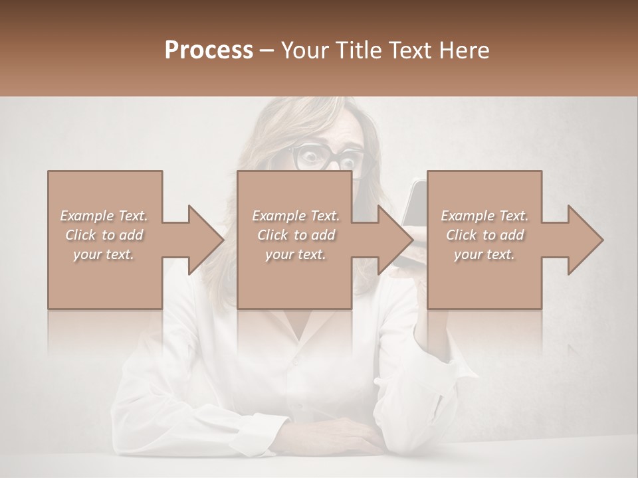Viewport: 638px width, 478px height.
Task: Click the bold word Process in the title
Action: [209, 50]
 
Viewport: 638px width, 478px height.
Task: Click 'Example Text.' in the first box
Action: [104, 216]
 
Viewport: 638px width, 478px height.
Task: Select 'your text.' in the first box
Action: [104, 254]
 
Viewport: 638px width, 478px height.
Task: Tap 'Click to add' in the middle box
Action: [295, 235]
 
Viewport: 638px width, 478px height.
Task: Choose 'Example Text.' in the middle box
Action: [295, 216]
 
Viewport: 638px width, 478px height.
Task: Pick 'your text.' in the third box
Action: [484, 254]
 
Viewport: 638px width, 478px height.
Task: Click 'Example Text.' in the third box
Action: [484, 216]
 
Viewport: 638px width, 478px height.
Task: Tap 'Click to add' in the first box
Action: [104, 235]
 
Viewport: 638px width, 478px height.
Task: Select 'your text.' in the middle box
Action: [295, 254]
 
